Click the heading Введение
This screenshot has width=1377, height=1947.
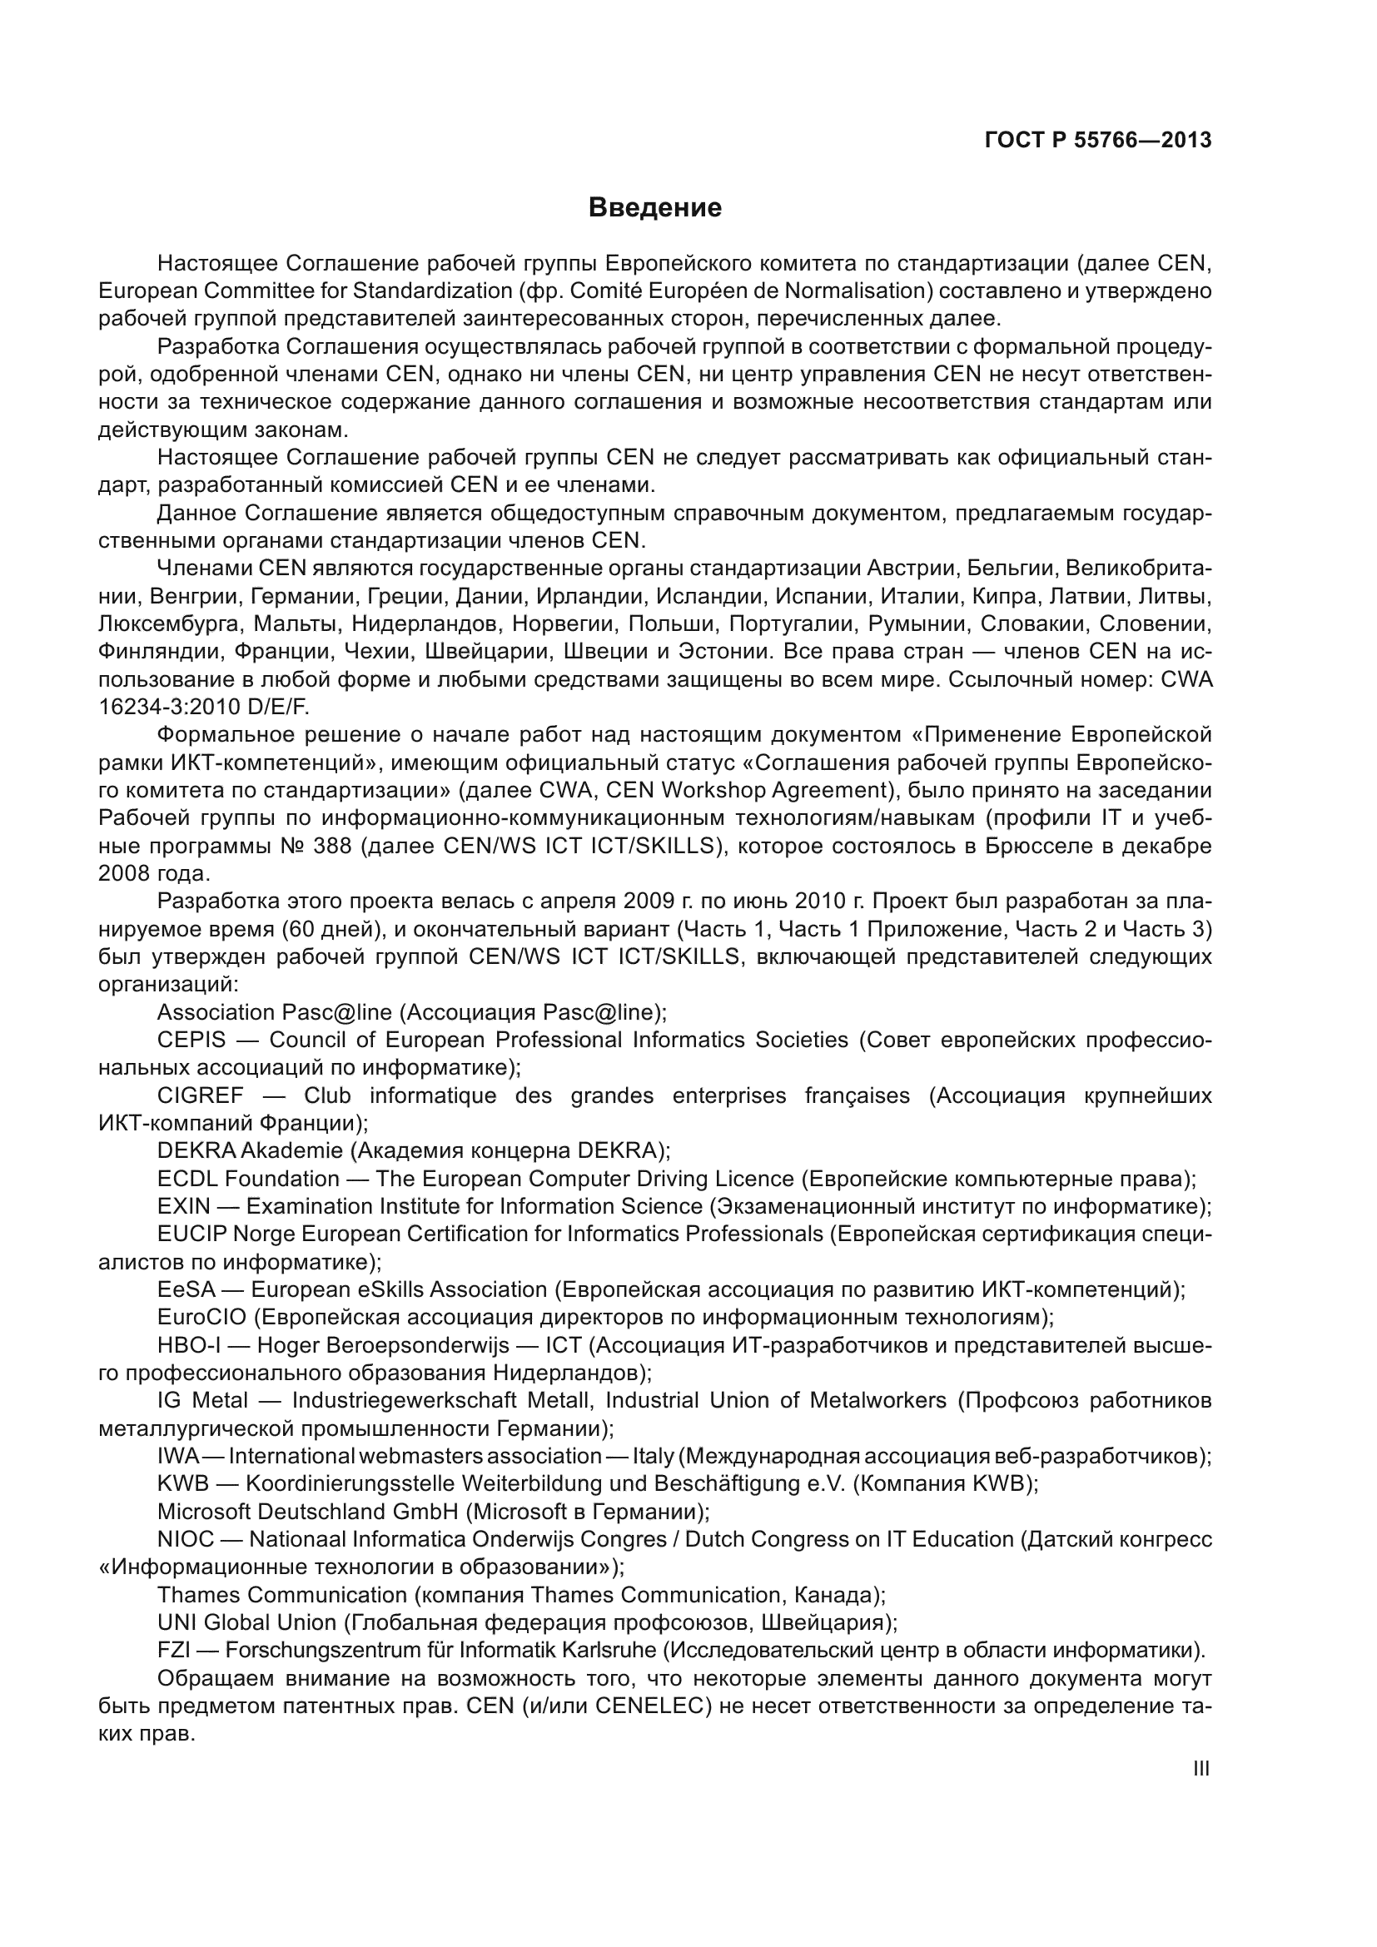(x=654, y=208)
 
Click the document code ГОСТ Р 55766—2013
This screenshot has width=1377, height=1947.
(x=1098, y=140)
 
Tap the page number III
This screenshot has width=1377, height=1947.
(x=1201, y=1768)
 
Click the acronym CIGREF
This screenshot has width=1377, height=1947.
(x=200, y=1095)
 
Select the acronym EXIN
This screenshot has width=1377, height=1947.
(x=183, y=1206)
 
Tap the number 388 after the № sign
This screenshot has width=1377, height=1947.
(x=331, y=847)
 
